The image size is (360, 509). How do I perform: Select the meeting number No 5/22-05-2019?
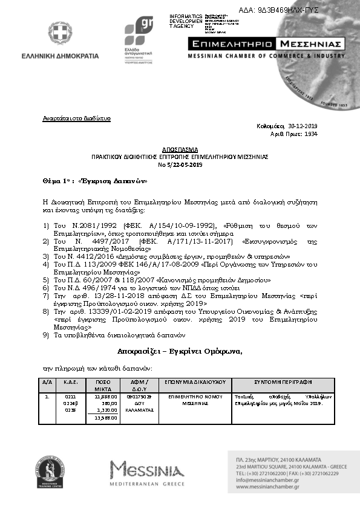(x=179, y=164)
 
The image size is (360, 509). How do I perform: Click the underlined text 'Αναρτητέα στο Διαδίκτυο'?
(x=76, y=118)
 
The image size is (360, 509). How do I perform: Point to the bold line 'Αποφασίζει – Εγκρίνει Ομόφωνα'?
(x=180, y=352)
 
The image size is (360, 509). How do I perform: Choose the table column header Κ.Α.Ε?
(x=70, y=383)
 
